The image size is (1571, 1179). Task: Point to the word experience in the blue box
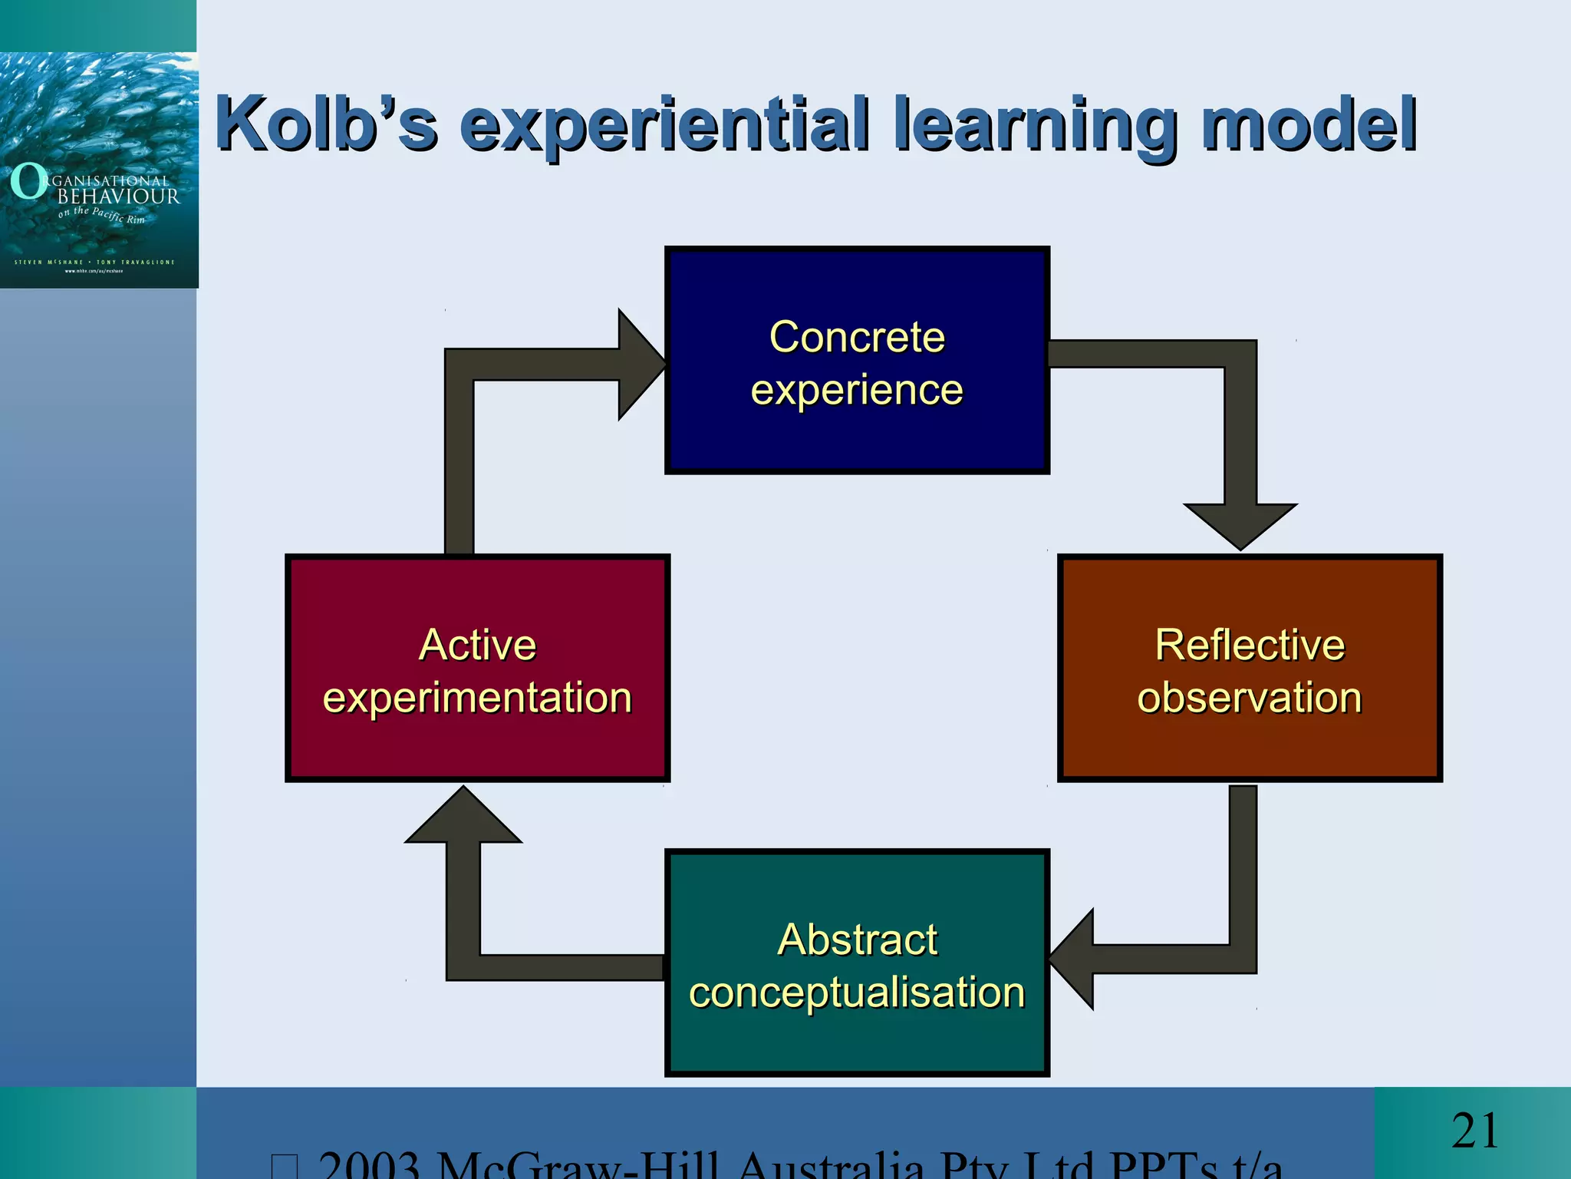pyautogui.click(x=857, y=390)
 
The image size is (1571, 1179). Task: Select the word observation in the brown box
pyautogui.click(x=1250, y=698)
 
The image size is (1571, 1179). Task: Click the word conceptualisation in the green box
pyautogui.click(x=857, y=992)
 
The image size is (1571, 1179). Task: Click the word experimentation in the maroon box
pyautogui.click(x=477, y=698)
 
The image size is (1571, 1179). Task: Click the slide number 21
pyautogui.click(x=1474, y=1131)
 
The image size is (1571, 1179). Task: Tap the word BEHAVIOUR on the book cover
pyautogui.click(x=118, y=196)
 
